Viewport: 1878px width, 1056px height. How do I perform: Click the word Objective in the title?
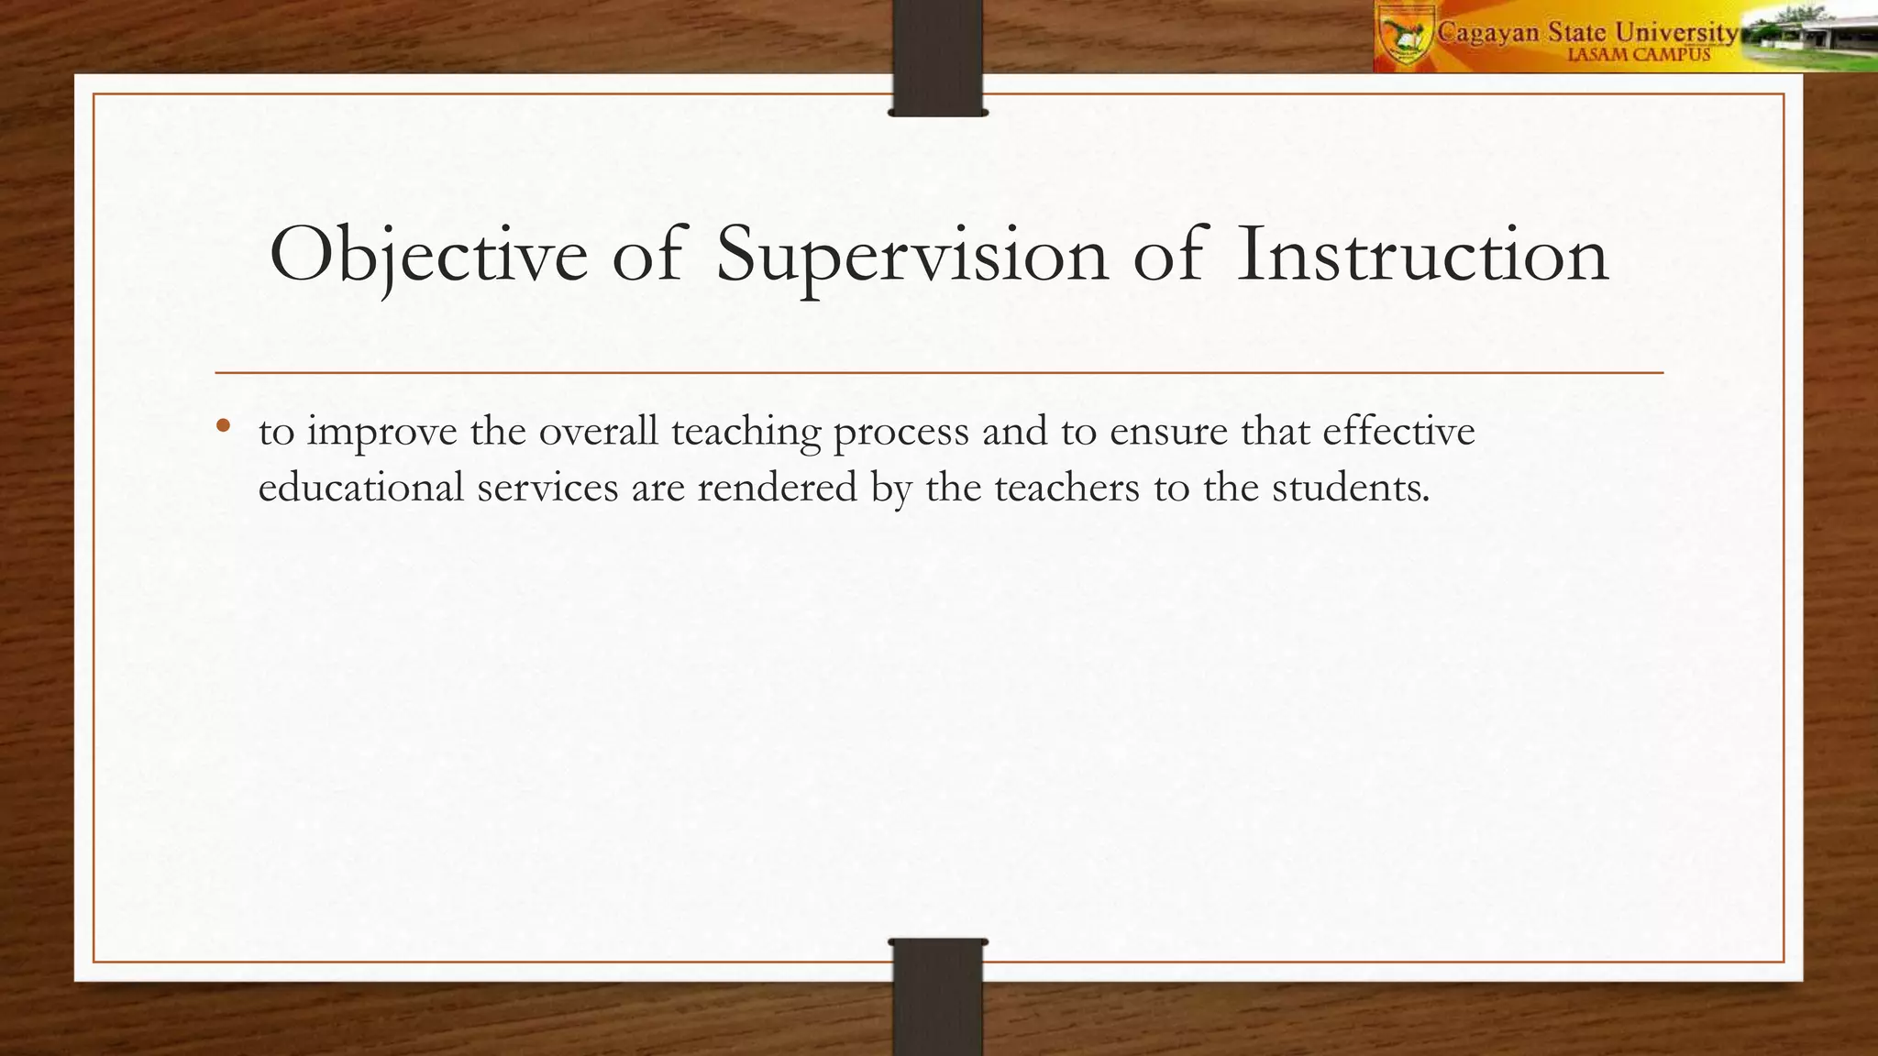pyautogui.click(x=428, y=255)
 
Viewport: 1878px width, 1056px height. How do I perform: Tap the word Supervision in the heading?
pyautogui.click(x=911, y=255)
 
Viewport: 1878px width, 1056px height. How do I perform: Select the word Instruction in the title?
pyautogui.click(x=1422, y=255)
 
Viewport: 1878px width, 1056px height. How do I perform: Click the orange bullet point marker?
pyautogui.click(x=222, y=426)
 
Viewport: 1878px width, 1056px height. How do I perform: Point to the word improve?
pyautogui.click(x=381, y=432)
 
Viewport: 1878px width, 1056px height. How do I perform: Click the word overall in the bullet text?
pyautogui.click(x=598, y=431)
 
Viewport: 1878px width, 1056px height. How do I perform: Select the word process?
pyautogui.click(x=900, y=433)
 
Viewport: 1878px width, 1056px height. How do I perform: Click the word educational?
pyautogui.click(x=361, y=487)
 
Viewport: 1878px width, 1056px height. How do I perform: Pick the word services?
pyautogui.click(x=547, y=487)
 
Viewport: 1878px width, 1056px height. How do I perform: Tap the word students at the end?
pyautogui.click(x=1350, y=487)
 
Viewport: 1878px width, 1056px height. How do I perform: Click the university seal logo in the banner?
pyautogui.click(x=1405, y=35)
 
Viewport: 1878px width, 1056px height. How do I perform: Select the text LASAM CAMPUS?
pyautogui.click(x=1639, y=55)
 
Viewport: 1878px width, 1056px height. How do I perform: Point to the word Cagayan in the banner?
pyautogui.click(x=1488, y=33)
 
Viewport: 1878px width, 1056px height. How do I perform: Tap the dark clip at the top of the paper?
pyautogui.click(x=937, y=57)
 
